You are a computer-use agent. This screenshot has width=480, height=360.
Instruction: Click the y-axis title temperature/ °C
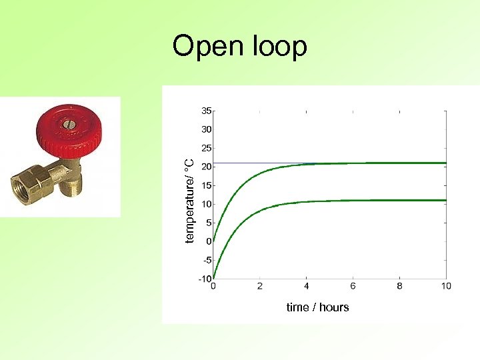(189, 201)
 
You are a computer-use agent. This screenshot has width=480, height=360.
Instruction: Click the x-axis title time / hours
(317, 307)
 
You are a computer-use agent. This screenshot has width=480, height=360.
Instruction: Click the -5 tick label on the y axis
(207, 260)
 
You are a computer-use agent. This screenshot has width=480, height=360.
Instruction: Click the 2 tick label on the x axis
(260, 286)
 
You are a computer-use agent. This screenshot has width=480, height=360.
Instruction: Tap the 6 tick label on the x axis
(353, 286)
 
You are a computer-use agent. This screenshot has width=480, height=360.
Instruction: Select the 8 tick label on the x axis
(399, 286)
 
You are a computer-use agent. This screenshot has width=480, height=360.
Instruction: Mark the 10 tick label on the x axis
(445, 286)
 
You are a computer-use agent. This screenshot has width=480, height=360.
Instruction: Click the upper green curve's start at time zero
(214, 240)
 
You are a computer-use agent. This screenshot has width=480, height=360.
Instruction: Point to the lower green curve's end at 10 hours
(445, 200)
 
